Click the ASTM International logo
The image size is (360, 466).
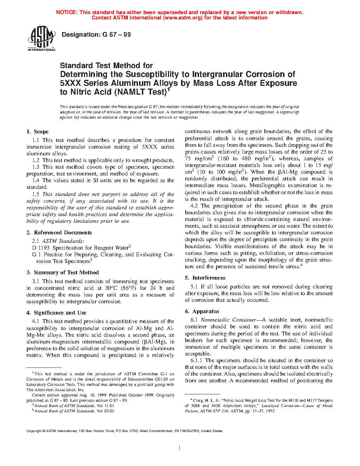(41, 39)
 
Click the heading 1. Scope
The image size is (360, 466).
(37, 132)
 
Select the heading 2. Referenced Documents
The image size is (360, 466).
(59, 233)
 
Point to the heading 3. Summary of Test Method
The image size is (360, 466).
(62, 273)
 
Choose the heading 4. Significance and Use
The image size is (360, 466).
(56, 313)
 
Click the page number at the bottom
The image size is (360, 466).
(180, 448)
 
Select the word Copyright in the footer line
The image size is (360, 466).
(34, 431)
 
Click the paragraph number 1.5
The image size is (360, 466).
(36, 194)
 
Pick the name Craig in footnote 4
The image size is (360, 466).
(198, 400)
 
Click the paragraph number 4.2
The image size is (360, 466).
(194, 206)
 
